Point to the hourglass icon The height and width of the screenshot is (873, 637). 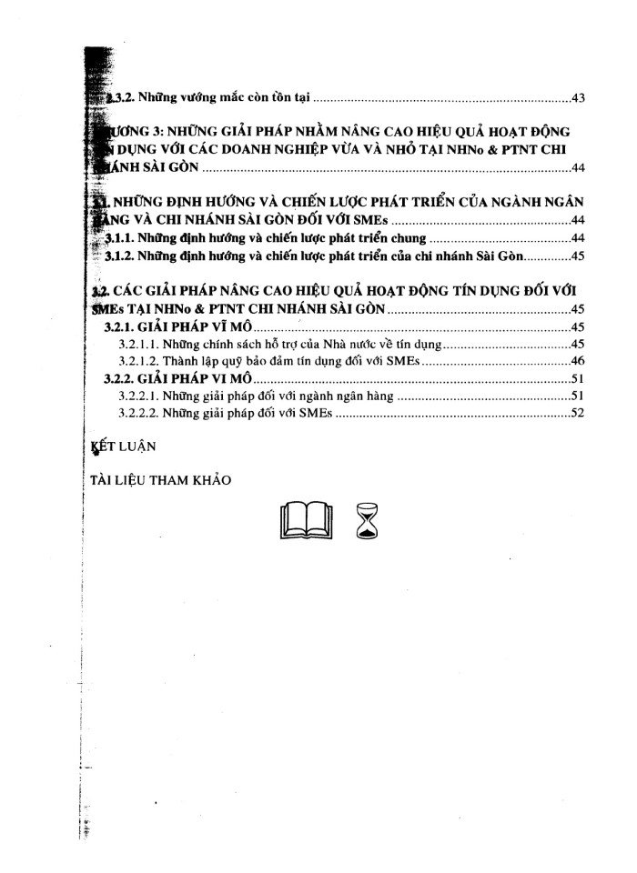click(367, 521)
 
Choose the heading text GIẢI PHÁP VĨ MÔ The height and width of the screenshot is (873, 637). click(200, 327)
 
